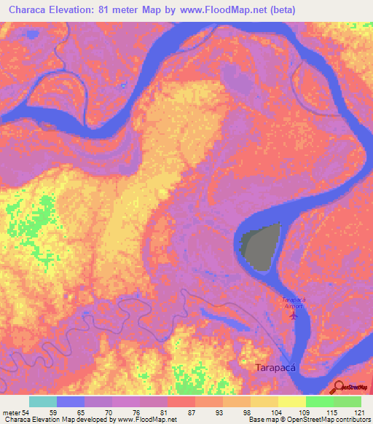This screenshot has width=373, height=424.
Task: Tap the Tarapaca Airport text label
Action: (x=294, y=302)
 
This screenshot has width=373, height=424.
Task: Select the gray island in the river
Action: (x=260, y=245)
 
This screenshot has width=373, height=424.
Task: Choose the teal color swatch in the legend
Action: (x=43, y=401)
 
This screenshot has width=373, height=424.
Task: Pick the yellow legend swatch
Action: (x=291, y=401)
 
